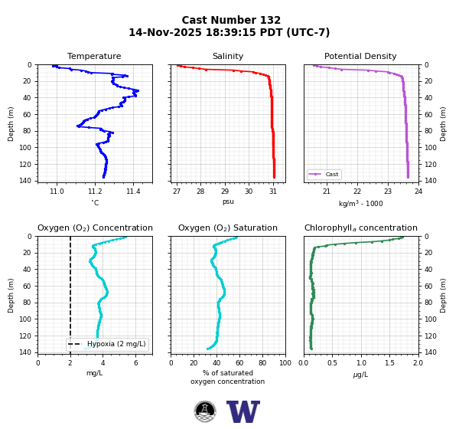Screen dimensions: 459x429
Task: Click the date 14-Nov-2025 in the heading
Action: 165,32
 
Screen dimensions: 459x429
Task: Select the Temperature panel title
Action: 94,56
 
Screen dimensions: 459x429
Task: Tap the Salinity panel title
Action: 228,56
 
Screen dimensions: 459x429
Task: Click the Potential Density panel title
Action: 360,56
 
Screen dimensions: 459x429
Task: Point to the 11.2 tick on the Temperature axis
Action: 95,192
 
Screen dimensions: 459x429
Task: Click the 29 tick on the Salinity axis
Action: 225,192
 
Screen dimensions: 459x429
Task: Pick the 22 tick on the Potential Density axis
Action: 357,192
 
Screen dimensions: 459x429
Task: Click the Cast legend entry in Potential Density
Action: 324,174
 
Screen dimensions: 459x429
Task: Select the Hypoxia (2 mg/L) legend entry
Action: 107,344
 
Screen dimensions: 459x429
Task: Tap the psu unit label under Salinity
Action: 228,201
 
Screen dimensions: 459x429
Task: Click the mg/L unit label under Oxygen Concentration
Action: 94,373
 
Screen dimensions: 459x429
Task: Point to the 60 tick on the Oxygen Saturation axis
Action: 239,363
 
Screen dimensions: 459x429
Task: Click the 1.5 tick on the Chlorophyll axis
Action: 389,363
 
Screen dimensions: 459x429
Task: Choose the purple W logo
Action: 243,411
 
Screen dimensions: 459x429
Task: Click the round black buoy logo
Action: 205,411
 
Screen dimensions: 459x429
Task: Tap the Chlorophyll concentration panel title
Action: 360,228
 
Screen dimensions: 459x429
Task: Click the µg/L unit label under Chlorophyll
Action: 360,375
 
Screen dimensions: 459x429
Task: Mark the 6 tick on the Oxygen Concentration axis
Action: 136,363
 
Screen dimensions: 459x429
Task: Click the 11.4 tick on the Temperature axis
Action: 133,192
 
